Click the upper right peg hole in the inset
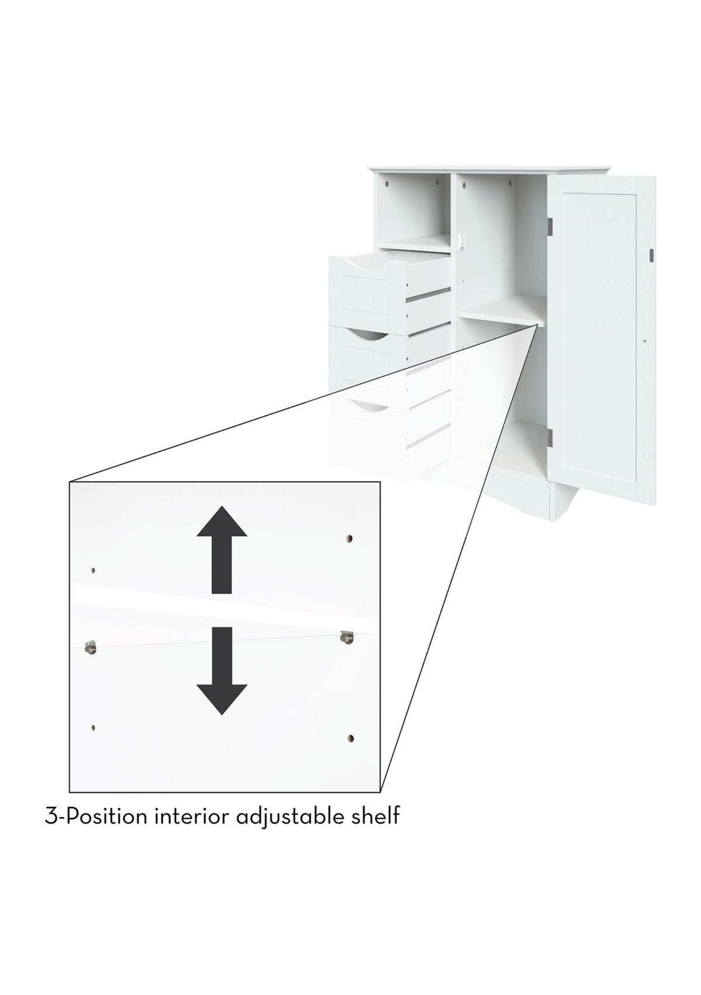(x=350, y=539)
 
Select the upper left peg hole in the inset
(x=93, y=571)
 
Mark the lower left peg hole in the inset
(x=92, y=727)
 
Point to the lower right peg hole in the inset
(x=350, y=739)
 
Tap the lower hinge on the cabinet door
(x=550, y=437)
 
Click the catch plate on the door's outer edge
(x=651, y=254)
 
